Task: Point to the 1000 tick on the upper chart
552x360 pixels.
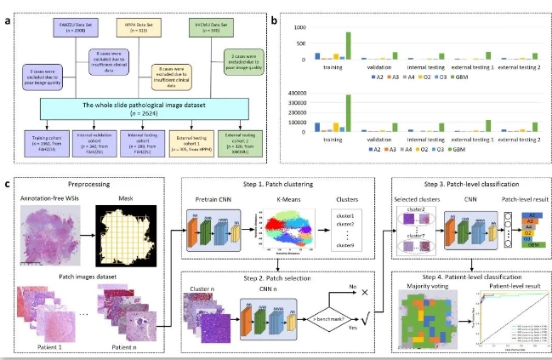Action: tap(299, 29)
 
